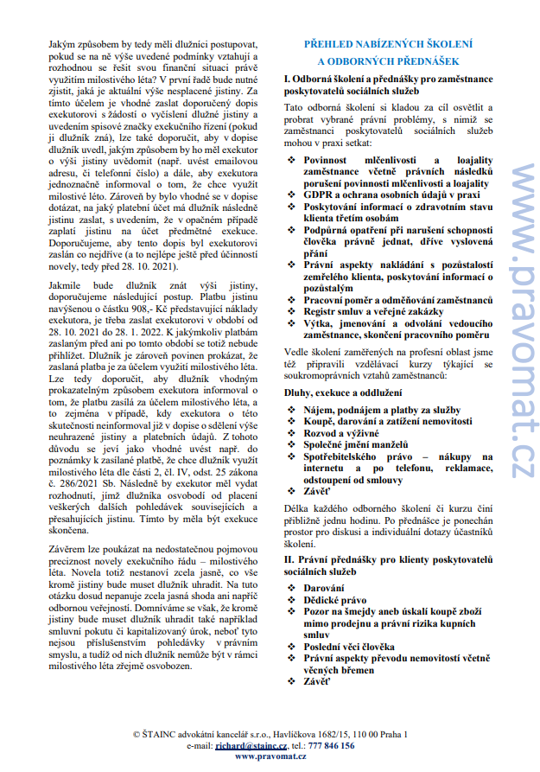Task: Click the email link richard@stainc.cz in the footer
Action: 251,744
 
